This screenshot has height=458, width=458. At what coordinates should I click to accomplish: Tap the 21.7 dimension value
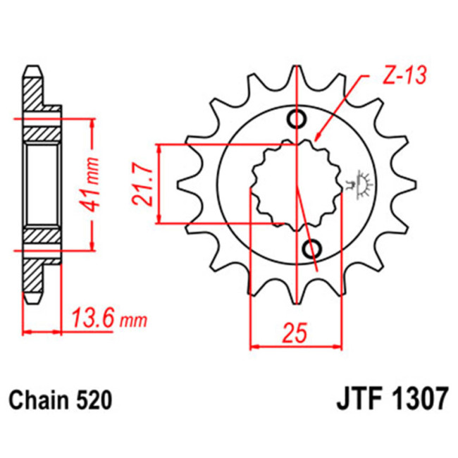[x=144, y=185]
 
